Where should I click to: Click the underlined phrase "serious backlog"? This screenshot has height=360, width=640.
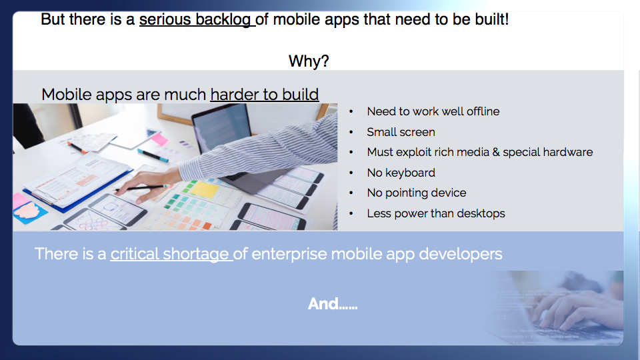pos(197,19)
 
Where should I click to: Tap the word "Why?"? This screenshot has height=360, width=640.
pos(309,61)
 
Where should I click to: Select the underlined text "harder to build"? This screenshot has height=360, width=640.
pos(265,94)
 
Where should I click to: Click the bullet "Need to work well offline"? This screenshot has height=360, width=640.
pos(433,111)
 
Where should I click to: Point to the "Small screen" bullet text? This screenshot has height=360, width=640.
pos(401,132)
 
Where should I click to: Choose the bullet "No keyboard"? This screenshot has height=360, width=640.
pos(401,173)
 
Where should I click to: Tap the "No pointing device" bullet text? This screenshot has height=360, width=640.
pos(416,193)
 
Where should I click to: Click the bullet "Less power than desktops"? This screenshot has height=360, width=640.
pos(436,213)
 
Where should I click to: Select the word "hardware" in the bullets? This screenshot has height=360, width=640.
pos(568,152)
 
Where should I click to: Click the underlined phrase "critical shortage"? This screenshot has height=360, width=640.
pos(171,254)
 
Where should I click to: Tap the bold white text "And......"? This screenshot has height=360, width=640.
pos(333,304)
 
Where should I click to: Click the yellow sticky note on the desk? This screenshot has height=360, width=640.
pos(205,190)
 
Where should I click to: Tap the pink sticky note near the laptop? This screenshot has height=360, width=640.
pos(159,139)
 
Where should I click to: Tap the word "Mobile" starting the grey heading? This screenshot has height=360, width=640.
pos(67,94)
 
